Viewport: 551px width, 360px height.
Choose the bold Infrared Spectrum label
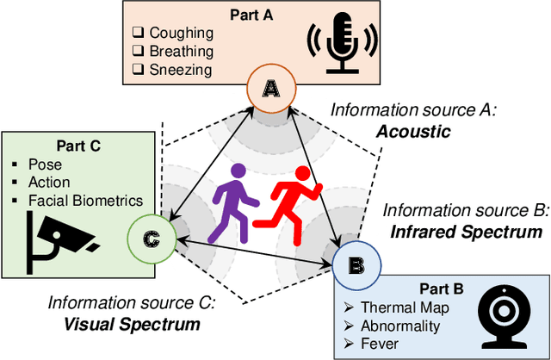point(466,231)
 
